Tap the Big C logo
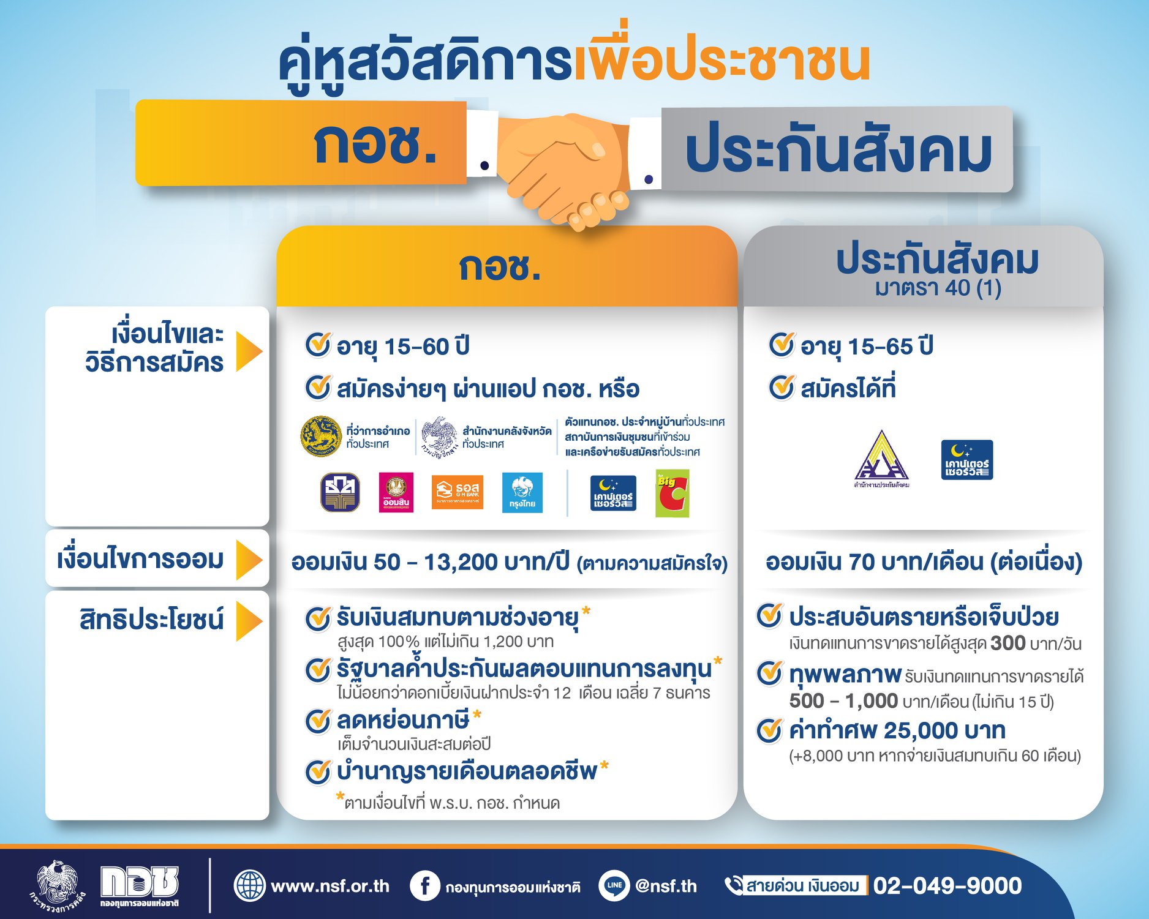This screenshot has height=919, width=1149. pyautogui.click(x=672, y=493)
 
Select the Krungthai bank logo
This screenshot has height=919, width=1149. pyautogui.click(x=522, y=492)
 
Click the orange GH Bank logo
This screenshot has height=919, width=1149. pyautogui.click(x=457, y=492)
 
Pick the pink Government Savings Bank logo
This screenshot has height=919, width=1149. pyautogui.click(x=396, y=492)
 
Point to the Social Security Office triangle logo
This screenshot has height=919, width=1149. pyautogui.click(x=881, y=458)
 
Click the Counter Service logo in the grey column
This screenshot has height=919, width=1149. pyautogui.click(x=966, y=460)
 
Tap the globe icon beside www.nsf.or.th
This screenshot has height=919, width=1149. pyautogui.click(x=249, y=885)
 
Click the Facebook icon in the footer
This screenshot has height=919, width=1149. pyautogui.click(x=424, y=886)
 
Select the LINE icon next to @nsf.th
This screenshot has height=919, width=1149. pyautogui.click(x=613, y=885)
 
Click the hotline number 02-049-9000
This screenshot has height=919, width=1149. pyautogui.click(x=947, y=885)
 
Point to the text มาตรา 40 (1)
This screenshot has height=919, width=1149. pyautogui.click(x=938, y=288)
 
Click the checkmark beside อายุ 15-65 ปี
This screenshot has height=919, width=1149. pyautogui.click(x=782, y=345)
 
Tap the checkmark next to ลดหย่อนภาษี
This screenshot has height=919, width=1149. pyautogui.click(x=318, y=721)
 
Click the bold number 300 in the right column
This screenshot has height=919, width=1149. pyautogui.click(x=1008, y=643)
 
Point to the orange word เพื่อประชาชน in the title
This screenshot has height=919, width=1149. pyautogui.click(x=721, y=60)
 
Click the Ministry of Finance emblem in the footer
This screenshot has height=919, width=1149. pyautogui.click(x=56, y=885)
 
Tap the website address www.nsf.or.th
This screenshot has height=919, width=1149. pyautogui.click(x=330, y=886)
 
